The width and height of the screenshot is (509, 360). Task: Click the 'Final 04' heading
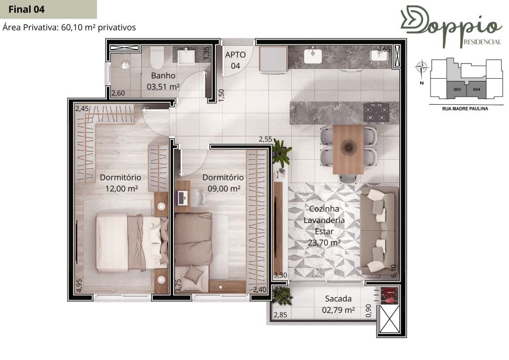tap(26, 10)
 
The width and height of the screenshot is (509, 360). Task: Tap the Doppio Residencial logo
tap(451, 26)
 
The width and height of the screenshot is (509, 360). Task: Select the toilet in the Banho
tap(157, 57)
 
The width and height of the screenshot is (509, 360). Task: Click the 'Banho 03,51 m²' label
tap(163, 82)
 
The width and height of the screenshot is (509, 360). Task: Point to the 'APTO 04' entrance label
tap(235, 60)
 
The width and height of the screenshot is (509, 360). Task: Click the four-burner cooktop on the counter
tap(376, 113)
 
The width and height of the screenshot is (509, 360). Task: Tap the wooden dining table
tap(348, 149)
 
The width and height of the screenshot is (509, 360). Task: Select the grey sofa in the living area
tap(379, 231)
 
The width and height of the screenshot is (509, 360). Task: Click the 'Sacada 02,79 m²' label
tap(338, 304)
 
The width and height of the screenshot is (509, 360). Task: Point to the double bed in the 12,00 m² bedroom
tap(132, 242)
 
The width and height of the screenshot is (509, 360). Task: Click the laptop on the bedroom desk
tap(182, 198)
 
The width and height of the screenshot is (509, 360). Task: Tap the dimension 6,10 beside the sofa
tap(394, 271)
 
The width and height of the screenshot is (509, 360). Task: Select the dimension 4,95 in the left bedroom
tap(79, 285)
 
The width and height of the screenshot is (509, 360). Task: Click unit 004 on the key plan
tap(476, 89)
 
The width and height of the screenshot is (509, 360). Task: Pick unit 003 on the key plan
tap(457, 89)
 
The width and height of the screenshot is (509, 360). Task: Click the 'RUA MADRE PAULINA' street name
tap(465, 109)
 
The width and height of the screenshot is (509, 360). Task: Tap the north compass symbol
tap(421, 68)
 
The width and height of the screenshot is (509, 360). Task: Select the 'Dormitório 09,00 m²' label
tap(223, 183)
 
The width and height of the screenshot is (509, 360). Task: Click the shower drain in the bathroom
tap(126, 64)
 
